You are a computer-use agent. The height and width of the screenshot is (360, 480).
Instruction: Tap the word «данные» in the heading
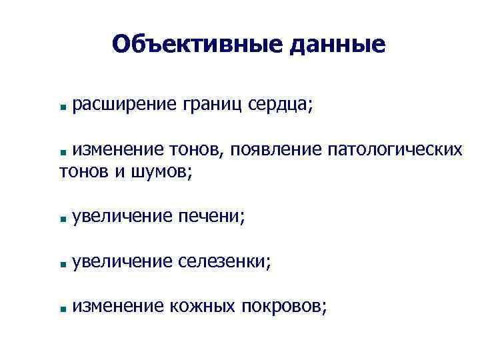tap(338, 44)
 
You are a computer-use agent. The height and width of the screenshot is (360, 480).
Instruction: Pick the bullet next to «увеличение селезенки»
tap(61, 263)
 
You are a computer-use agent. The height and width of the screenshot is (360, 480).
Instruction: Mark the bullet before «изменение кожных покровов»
tap(61, 308)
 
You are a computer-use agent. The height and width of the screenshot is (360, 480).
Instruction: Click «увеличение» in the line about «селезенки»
tap(124, 261)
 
